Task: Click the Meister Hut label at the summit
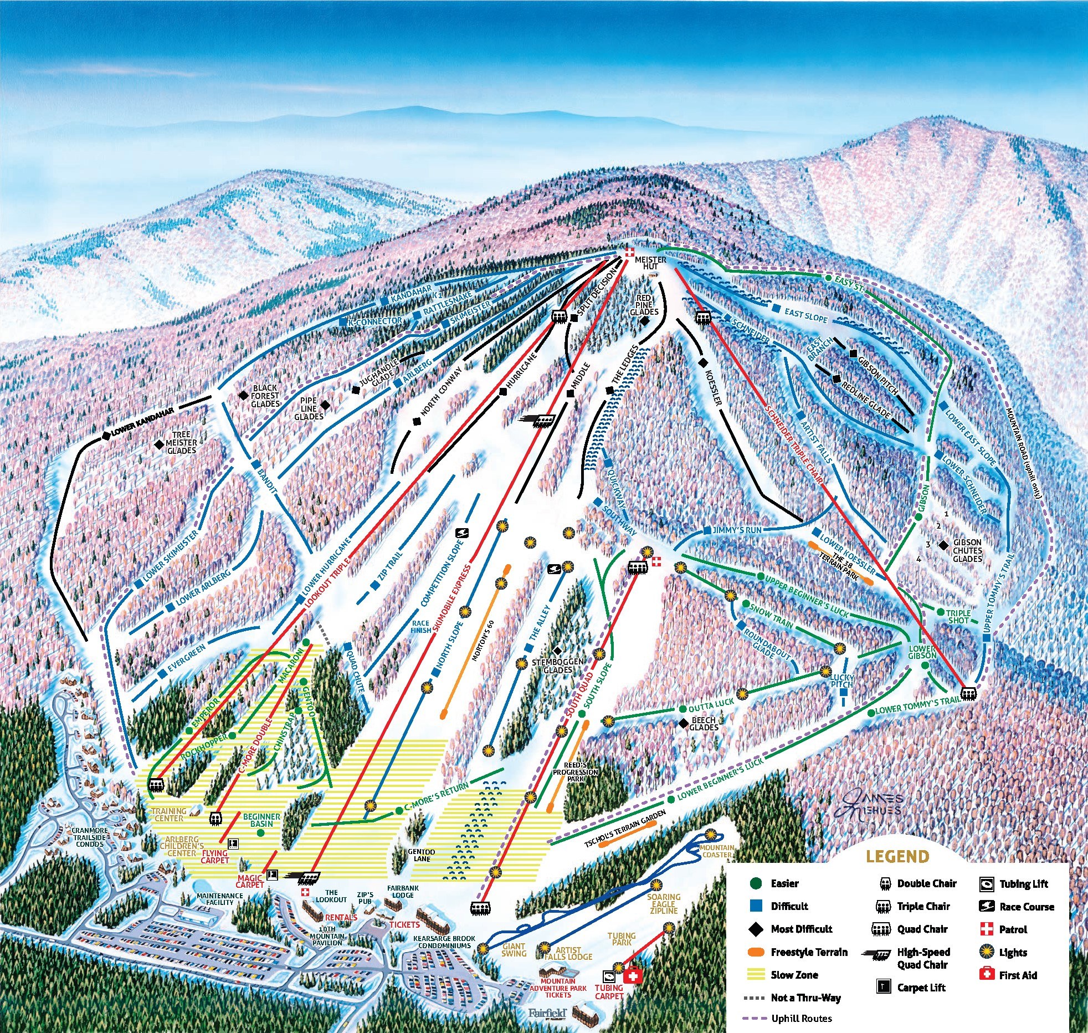[650, 263]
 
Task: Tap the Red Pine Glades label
[644, 305]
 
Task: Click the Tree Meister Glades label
[181, 442]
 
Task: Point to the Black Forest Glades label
[265, 396]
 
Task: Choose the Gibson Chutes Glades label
[967, 550]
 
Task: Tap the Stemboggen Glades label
[557, 666]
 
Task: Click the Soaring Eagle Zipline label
[664, 904]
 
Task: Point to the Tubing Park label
[622, 939]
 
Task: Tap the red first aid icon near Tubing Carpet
[632, 976]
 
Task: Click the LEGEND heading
[897, 857]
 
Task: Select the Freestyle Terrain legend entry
[809, 952]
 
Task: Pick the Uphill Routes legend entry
[801, 1018]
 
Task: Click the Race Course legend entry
[1027, 907]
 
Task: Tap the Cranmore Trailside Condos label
[90, 837]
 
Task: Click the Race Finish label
[421, 627]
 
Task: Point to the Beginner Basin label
[261, 820]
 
